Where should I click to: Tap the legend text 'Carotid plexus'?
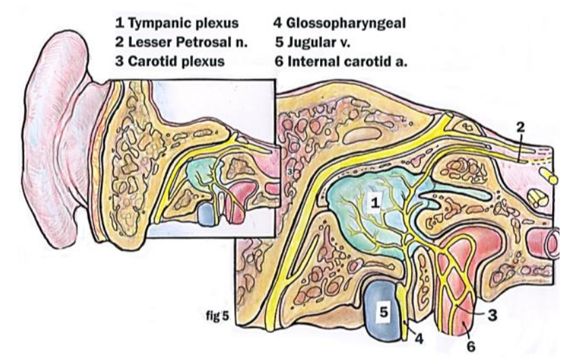pyautogui.click(x=170, y=62)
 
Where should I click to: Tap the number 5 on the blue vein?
pyautogui.click(x=383, y=311)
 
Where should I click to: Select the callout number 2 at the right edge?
pyautogui.click(x=520, y=127)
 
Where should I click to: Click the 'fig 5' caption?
pyautogui.click(x=218, y=315)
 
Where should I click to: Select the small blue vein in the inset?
pyautogui.click(x=204, y=215)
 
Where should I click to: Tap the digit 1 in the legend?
pyautogui.click(x=118, y=23)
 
